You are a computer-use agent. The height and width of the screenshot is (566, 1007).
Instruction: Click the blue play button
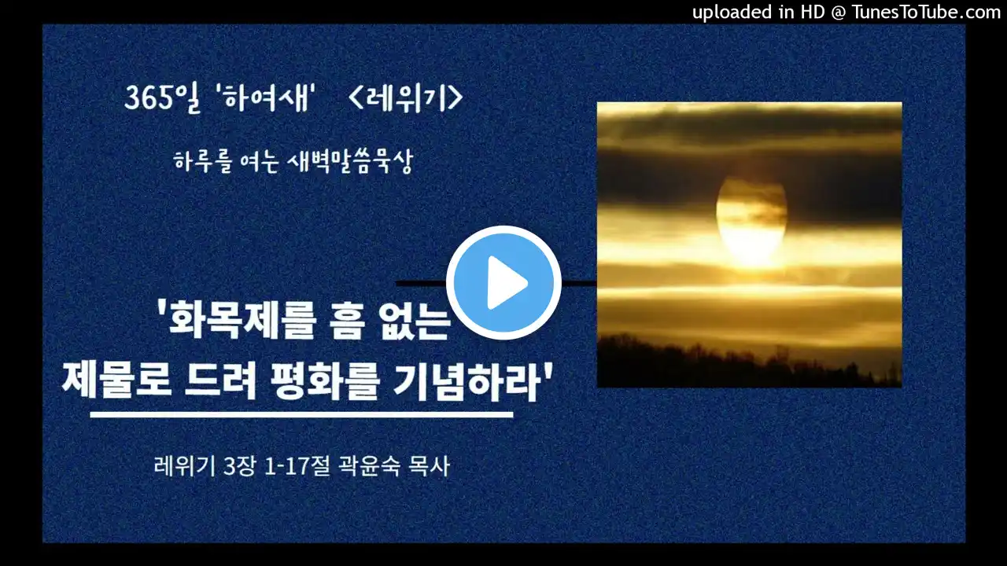click(x=503, y=283)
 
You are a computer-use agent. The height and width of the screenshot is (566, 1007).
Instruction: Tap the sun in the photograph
click(x=751, y=220)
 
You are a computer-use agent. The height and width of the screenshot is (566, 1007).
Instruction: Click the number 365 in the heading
click(x=149, y=97)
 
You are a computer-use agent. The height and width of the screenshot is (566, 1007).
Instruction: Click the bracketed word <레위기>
click(x=405, y=97)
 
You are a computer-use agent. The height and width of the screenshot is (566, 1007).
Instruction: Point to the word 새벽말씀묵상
click(x=349, y=162)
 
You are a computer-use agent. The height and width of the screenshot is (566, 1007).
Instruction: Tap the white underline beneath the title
click(x=301, y=414)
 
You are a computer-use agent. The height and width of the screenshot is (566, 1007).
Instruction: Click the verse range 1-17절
click(x=297, y=466)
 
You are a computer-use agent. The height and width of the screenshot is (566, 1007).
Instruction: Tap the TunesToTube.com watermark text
click(x=926, y=12)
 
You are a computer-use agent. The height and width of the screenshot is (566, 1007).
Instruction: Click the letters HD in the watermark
click(x=813, y=12)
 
